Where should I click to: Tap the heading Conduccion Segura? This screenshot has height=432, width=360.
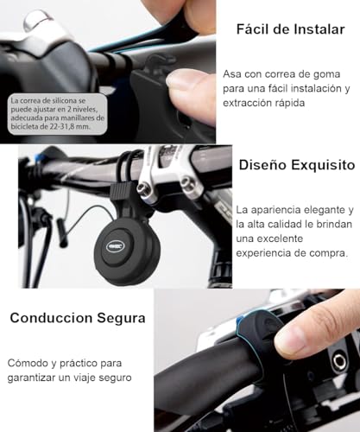(78, 318)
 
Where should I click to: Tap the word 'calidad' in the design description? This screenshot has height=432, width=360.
(291, 225)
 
